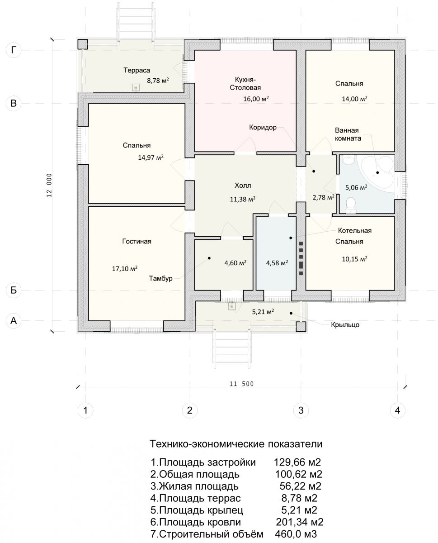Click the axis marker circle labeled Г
point(13,50)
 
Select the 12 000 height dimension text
point(49,186)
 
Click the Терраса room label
point(137,70)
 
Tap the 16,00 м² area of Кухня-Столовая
point(256,99)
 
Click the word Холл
point(243,186)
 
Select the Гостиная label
point(137,241)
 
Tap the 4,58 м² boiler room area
point(277,262)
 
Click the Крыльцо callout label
point(345,325)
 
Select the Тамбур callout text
point(160,278)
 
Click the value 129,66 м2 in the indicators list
point(297,462)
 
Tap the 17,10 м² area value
point(125,268)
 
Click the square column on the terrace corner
point(83,44)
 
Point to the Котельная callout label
point(355,230)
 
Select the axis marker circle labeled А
point(13,320)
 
